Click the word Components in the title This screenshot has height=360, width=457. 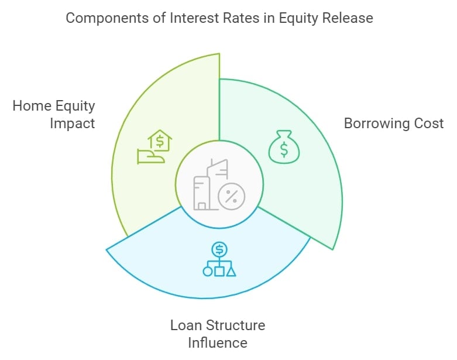(107, 18)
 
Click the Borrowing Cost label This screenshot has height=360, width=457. (394, 124)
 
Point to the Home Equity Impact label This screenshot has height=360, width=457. (54, 114)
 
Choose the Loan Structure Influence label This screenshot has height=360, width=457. (218, 334)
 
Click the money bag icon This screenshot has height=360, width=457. (284, 146)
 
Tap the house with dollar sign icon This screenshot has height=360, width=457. (160, 140)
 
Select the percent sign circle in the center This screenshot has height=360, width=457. (231, 197)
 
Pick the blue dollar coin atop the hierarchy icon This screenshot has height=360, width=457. (219, 249)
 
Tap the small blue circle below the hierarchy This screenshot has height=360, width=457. (208, 272)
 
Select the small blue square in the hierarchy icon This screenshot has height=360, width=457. (219, 272)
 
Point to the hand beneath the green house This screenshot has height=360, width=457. (151, 156)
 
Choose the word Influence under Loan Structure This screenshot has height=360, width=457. (218, 342)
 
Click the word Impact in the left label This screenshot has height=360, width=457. (73, 124)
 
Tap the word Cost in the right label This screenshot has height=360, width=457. (429, 124)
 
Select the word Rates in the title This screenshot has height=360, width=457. (240, 18)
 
